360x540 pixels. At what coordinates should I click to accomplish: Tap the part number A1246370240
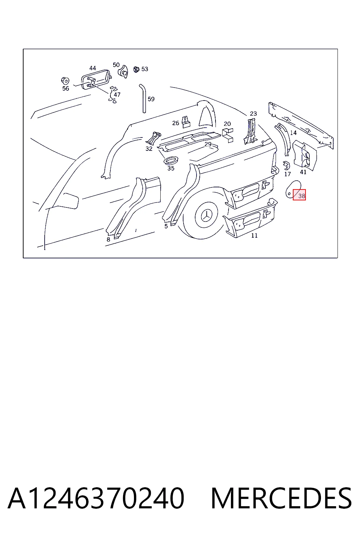click(x=96, y=498)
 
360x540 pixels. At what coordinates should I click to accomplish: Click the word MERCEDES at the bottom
click(x=281, y=498)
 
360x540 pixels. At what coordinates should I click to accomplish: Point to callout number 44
click(x=92, y=68)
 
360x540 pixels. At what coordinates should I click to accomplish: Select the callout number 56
click(x=66, y=89)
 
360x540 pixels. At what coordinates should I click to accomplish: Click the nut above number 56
click(x=65, y=81)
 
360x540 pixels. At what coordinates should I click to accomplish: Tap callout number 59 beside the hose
click(x=151, y=99)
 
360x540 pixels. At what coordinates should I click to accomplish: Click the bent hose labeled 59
click(x=143, y=98)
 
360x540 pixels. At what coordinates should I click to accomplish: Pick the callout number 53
click(x=145, y=69)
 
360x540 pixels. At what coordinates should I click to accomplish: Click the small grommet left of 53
click(x=136, y=69)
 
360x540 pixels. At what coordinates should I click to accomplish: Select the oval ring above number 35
click(x=171, y=160)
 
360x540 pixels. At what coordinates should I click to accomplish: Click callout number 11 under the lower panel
click(x=255, y=236)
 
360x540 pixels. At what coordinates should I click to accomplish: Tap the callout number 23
click(x=253, y=114)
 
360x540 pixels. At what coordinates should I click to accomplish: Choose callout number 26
click(x=175, y=123)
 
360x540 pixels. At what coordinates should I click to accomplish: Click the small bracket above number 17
click(x=287, y=165)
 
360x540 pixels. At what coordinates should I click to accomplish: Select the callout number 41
click(x=303, y=172)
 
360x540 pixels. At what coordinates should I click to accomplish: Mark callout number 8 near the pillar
click(x=108, y=239)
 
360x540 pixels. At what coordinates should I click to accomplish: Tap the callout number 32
click(x=149, y=149)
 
